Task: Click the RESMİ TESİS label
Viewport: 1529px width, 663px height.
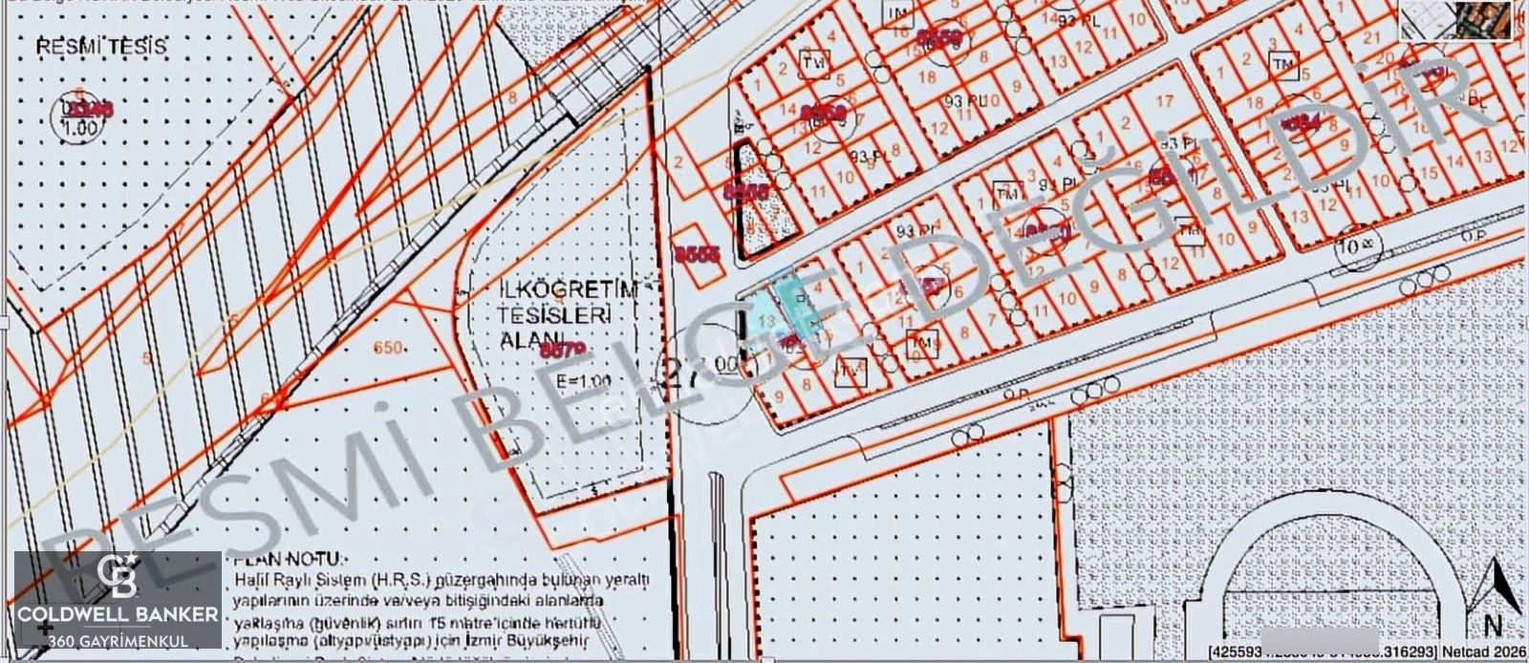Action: tap(101, 47)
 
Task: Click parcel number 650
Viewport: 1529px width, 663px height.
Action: tap(388, 349)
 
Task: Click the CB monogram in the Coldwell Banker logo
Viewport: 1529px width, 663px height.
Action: tap(118, 575)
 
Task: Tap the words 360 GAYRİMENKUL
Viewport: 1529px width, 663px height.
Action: tap(118, 640)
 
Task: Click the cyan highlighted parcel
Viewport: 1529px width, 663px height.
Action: tap(779, 306)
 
